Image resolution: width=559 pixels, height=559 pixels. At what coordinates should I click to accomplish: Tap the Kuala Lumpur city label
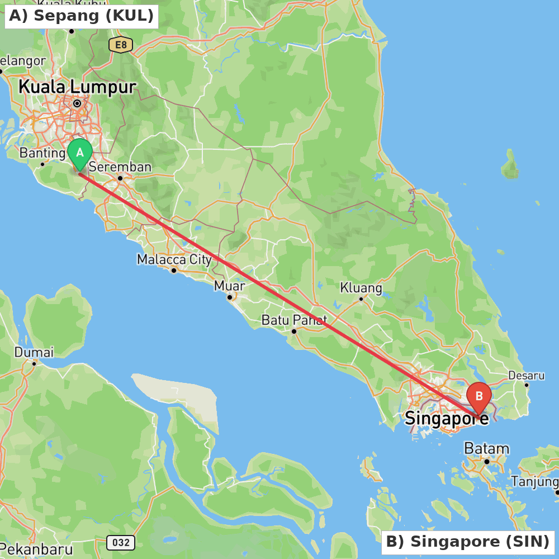tap(77, 87)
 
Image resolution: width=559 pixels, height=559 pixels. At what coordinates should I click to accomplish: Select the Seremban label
tap(120, 167)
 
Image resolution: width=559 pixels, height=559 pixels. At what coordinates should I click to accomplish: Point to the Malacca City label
tap(174, 259)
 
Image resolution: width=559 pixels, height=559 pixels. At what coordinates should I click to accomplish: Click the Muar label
tap(230, 286)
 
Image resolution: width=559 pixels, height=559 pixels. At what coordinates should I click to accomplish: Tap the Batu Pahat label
tap(294, 320)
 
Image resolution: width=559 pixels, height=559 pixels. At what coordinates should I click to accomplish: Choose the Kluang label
tap(361, 288)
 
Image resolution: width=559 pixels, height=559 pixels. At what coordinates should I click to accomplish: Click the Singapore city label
tap(446, 418)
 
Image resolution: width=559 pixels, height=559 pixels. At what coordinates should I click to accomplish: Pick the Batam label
tap(486, 448)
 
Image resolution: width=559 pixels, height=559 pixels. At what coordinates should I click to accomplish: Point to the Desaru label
tap(526, 375)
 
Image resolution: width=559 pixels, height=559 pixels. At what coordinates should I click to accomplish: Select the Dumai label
tap(34, 352)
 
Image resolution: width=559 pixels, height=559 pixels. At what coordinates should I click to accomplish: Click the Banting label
tap(42, 153)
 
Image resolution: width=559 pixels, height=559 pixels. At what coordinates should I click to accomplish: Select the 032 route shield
tap(120, 542)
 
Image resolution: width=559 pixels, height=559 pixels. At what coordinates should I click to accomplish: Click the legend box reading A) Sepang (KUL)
tap(82, 16)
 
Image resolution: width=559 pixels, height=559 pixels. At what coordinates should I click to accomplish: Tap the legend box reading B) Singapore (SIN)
tap(468, 542)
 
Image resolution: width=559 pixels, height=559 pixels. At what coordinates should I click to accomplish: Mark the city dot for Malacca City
tap(174, 271)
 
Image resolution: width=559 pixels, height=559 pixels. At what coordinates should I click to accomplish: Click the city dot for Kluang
tap(361, 299)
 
